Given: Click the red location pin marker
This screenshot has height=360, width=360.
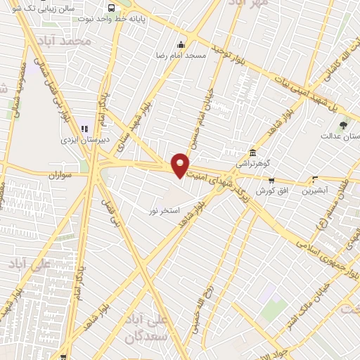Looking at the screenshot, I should pos(181,165).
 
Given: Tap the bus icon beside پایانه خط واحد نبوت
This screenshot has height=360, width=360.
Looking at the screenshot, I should pos(112,7).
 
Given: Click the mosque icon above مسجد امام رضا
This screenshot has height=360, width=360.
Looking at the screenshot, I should pos(181,44).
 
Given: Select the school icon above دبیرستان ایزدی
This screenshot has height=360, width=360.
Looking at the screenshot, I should pos(84,129).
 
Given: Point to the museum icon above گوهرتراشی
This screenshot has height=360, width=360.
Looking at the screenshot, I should pos(252,153).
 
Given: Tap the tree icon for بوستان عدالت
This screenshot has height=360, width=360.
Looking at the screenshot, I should pos(343,124).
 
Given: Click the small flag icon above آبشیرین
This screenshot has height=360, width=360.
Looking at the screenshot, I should pos(314,179).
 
